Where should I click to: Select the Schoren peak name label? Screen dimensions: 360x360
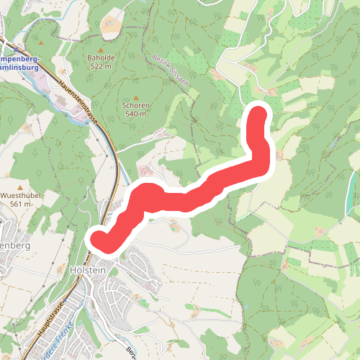(x=137, y=105)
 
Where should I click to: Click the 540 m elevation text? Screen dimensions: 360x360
(x=137, y=114)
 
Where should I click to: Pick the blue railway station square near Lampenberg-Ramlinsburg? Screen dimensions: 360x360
(x=5, y=41)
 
